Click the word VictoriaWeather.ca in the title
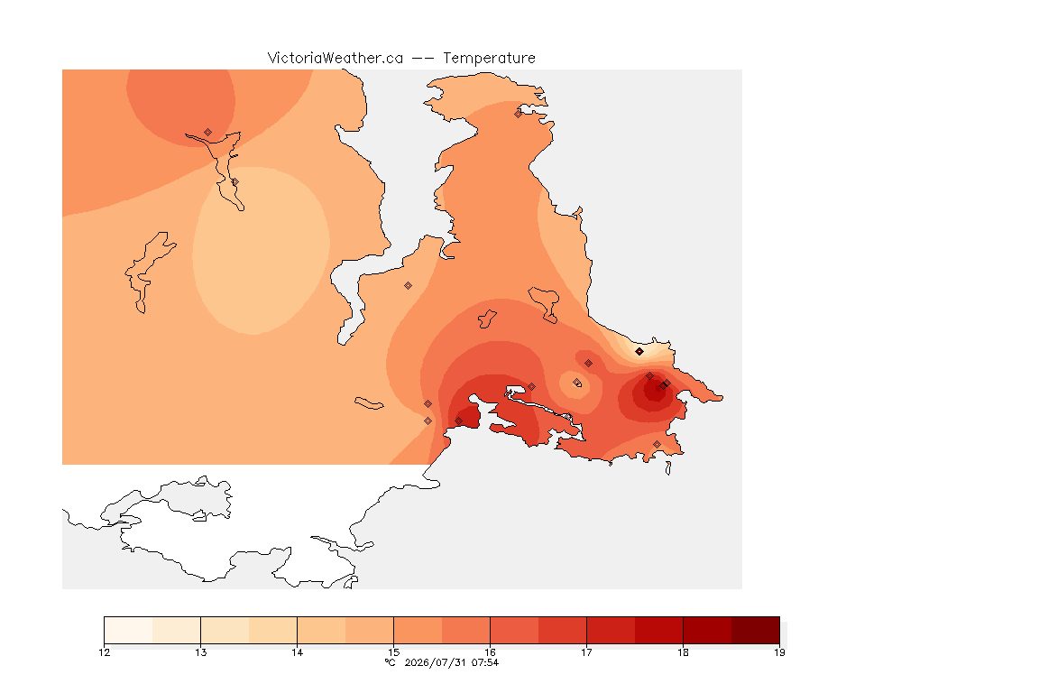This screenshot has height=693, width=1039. point(336,59)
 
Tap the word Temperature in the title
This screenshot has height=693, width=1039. point(489,59)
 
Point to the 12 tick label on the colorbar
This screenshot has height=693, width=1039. point(104,652)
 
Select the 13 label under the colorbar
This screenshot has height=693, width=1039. point(201,652)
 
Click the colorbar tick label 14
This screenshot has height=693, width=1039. point(297,652)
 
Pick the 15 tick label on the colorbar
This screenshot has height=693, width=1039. point(393,652)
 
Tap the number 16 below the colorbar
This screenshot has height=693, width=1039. point(490,652)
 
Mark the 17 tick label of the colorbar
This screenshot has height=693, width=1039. point(586,652)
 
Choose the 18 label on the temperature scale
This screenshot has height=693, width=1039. point(683,652)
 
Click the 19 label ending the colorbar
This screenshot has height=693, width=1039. point(779,652)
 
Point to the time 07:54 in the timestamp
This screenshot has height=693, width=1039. point(485,662)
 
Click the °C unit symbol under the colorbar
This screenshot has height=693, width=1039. point(391,662)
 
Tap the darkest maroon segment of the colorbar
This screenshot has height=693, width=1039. point(756,630)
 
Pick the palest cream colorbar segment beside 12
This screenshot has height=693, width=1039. point(129,630)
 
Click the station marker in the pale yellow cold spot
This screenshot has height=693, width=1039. point(639,352)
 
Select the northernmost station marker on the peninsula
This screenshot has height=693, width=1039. point(519,114)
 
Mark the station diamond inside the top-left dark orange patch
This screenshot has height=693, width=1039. point(208,133)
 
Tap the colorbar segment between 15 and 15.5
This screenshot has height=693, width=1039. point(418,630)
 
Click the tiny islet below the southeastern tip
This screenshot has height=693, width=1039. point(668,468)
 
